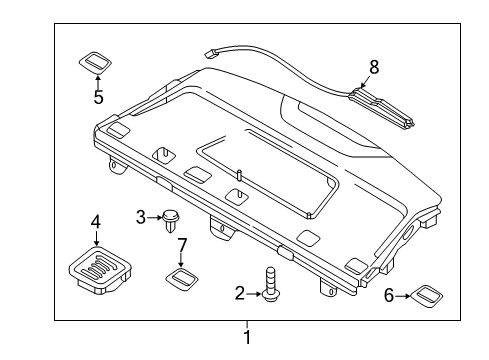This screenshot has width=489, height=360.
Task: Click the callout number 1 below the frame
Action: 247,337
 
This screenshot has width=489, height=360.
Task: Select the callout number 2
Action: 239,293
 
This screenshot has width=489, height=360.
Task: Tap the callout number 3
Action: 142,217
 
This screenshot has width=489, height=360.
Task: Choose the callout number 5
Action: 98,97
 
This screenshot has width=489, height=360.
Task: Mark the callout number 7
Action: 182,245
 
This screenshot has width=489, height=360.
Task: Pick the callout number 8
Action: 374,67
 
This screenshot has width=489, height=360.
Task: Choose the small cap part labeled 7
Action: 181,278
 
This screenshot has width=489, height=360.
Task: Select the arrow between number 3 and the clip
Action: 155,217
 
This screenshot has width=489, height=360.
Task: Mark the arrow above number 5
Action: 98,81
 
